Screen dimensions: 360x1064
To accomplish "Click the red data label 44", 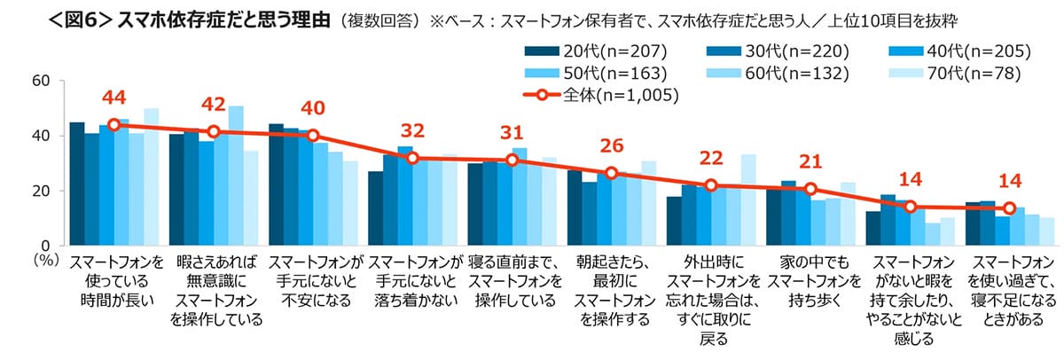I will pyautogui.click(x=114, y=98).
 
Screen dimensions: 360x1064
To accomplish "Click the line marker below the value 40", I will pyautogui.click(x=312, y=136).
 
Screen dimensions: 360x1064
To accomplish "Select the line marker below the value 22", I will pyautogui.click(x=710, y=185).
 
